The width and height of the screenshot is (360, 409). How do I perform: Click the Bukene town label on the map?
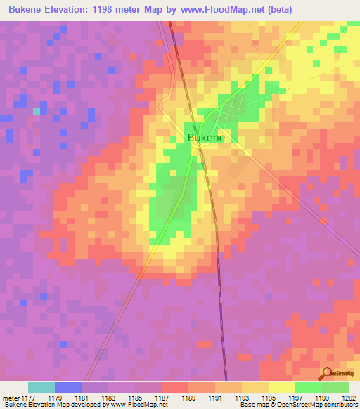[206, 138]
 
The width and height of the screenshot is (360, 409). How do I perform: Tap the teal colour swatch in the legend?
[41, 387]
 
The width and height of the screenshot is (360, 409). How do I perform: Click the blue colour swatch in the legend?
[68, 387]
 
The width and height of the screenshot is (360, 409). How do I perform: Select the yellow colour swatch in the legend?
[281, 387]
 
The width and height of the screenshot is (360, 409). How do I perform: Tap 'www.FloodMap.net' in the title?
[226, 9]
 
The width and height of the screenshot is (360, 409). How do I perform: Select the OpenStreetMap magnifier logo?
[328, 374]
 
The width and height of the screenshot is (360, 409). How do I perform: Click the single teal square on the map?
[37, 111]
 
